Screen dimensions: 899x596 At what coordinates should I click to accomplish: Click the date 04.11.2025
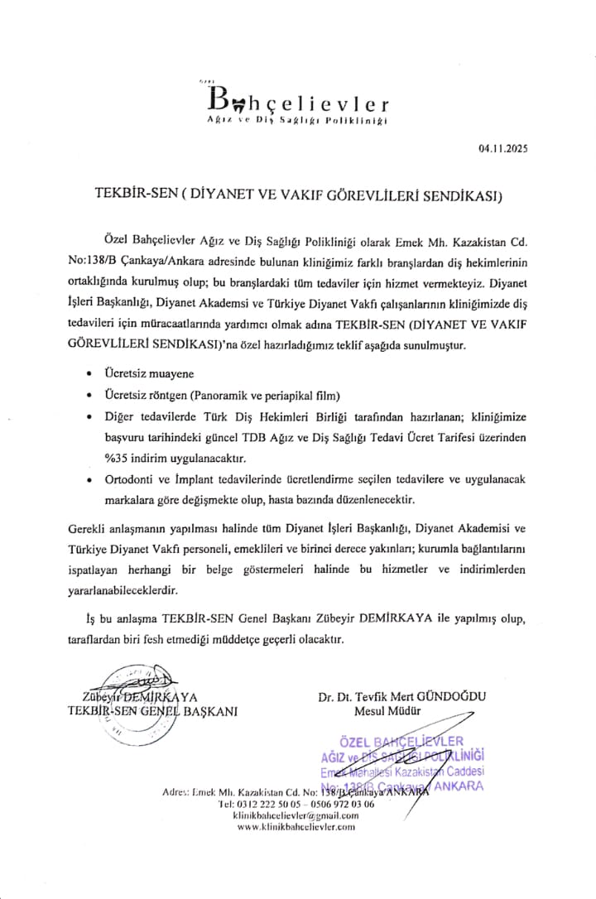coord(502,149)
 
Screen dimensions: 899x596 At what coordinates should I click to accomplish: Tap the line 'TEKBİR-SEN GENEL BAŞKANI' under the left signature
coord(152,710)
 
